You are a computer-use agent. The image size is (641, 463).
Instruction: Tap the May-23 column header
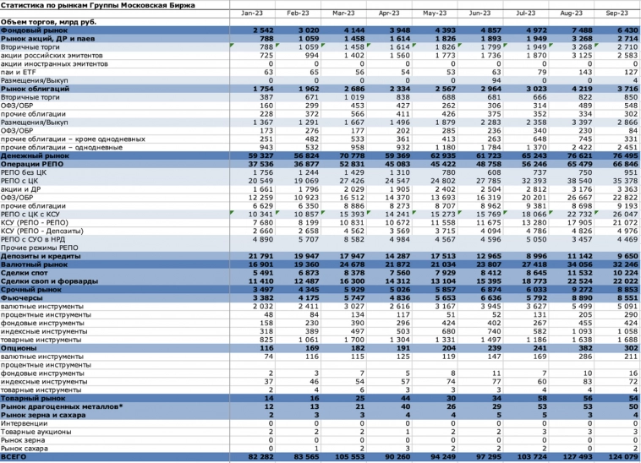click(x=435, y=14)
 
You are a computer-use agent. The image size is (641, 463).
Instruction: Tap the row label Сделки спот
click(x=22, y=273)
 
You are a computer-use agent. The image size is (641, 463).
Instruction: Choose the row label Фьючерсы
click(x=21, y=298)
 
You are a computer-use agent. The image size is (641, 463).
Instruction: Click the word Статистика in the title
click(x=24, y=5)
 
